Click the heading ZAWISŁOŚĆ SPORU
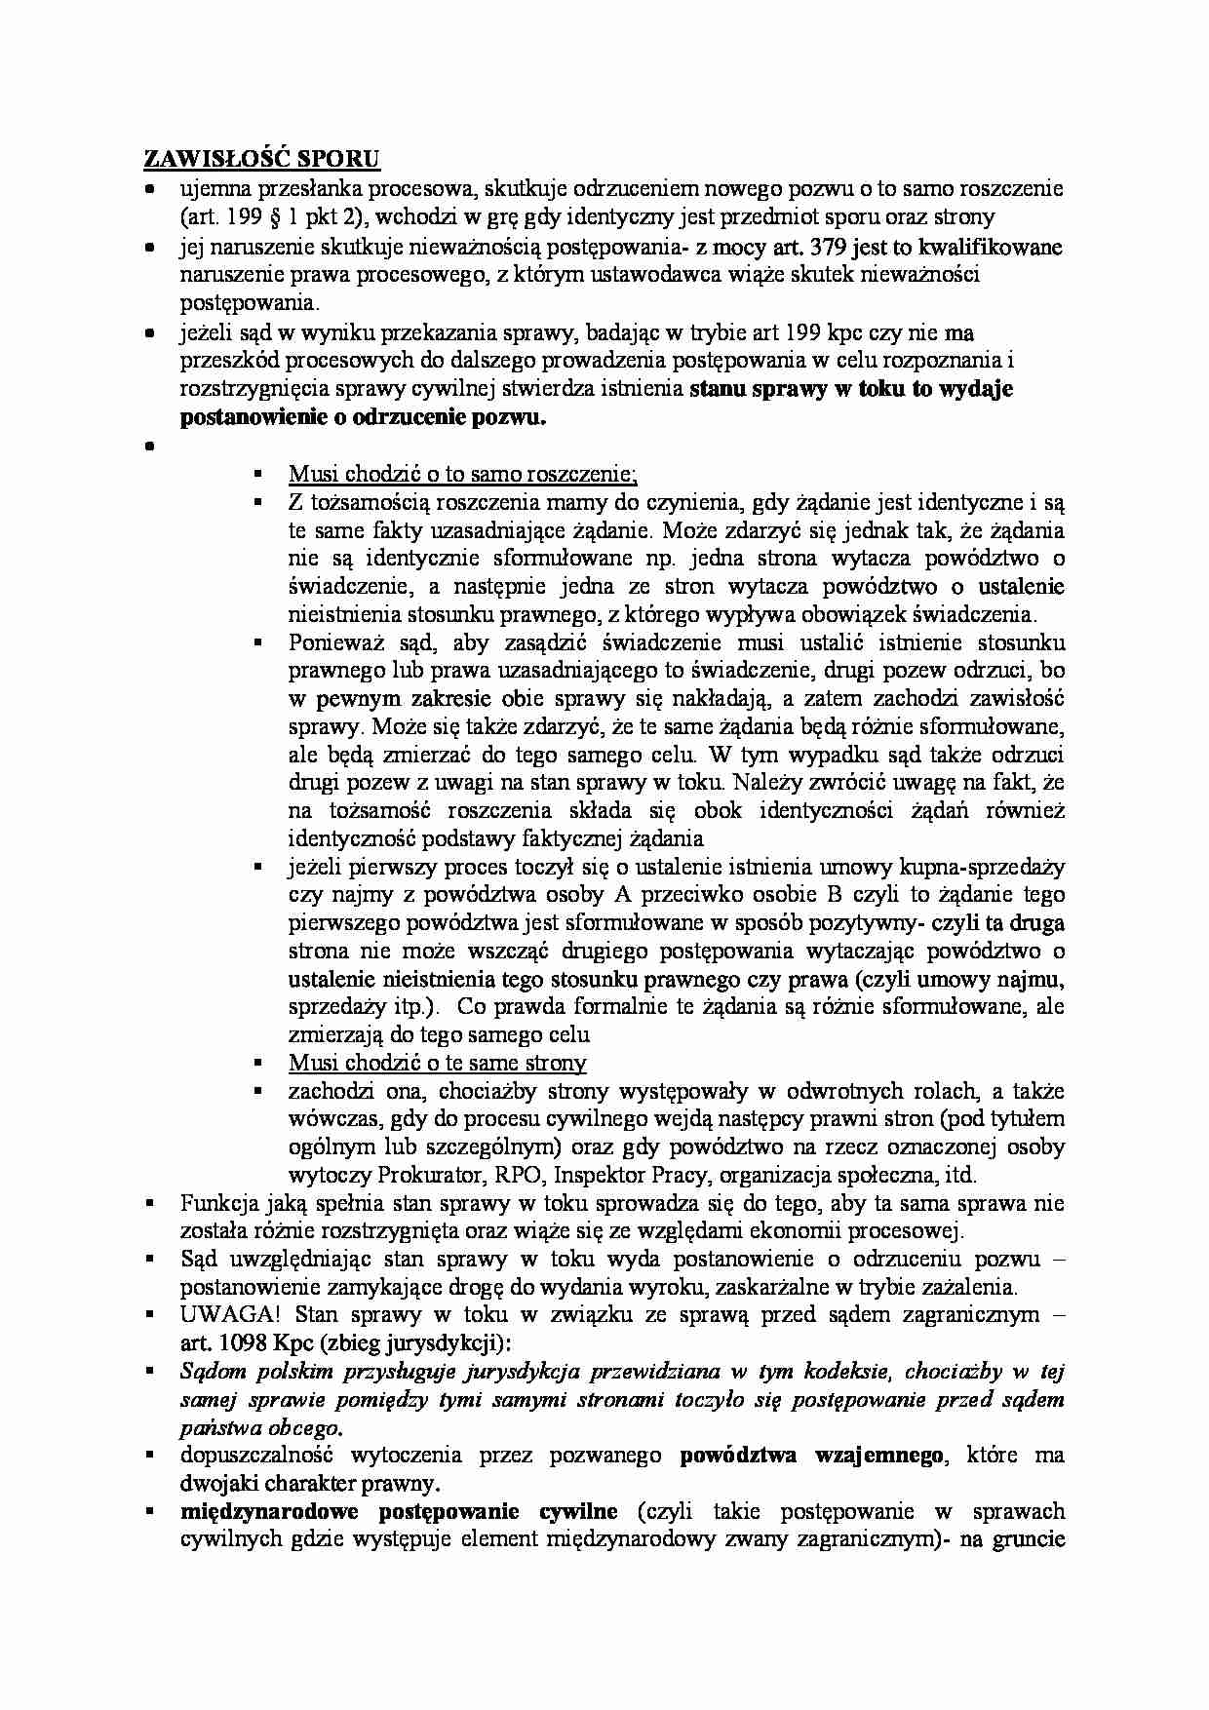pyautogui.click(x=261, y=158)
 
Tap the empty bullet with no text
pyautogui.click(x=150, y=447)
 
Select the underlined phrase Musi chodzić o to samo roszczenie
pyautogui.click(x=463, y=474)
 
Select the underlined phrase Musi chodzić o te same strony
pyautogui.click(x=437, y=1063)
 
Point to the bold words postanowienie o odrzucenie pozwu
pyautogui.click(x=364, y=418)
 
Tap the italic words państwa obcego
pyautogui.click(x=261, y=1428)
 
